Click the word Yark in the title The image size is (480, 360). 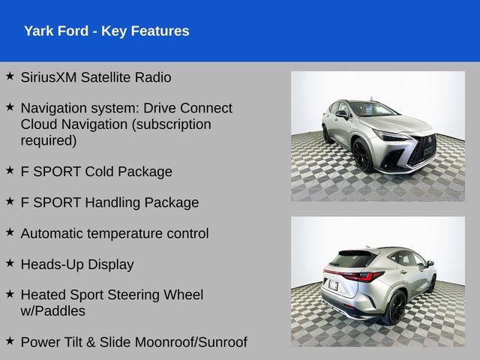click(x=38, y=31)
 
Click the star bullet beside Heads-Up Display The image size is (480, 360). click(x=10, y=262)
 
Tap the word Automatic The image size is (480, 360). click(x=52, y=233)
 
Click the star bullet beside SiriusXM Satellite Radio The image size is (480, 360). click(x=10, y=76)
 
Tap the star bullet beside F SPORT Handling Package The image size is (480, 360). click(x=10, y=201)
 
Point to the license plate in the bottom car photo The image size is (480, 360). click(x=332, y=286)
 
